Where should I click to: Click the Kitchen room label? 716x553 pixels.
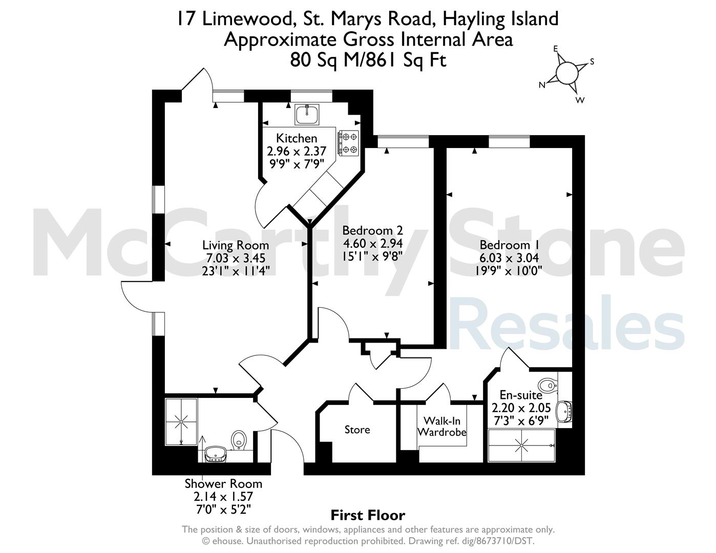point(297,138)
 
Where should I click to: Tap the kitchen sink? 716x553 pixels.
point(307,114)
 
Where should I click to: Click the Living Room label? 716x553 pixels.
point(236,245)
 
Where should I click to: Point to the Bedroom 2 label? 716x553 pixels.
point(373,230)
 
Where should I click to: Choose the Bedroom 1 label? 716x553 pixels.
point(510,245)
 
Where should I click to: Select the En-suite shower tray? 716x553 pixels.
point(521,445)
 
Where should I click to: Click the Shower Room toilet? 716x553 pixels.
point(239,440)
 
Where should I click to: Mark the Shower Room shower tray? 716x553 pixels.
point(181,421)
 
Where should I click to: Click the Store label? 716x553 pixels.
point(357,430)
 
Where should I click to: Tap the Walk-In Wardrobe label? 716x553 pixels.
point(442,426)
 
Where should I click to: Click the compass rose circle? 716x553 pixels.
point(567,73)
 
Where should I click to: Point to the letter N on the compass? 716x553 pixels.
point(542,86)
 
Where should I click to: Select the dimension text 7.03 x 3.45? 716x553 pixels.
point(236,258)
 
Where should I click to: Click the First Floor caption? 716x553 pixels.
point(368,516)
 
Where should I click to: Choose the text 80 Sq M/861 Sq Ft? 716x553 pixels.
point(368,60)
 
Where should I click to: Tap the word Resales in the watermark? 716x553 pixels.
point(567,323)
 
